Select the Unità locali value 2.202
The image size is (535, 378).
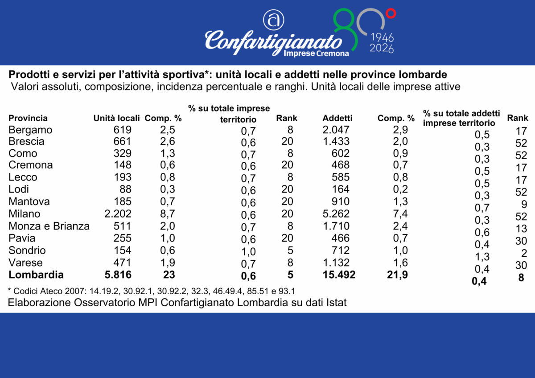117,214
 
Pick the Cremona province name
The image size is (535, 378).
31,165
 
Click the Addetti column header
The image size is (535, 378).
337,119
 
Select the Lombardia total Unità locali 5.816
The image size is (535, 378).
117,275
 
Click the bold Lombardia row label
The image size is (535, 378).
36,275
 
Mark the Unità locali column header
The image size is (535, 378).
117,119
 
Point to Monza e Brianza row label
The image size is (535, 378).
49,226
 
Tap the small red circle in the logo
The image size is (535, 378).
391,14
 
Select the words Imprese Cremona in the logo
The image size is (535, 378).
317,53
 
